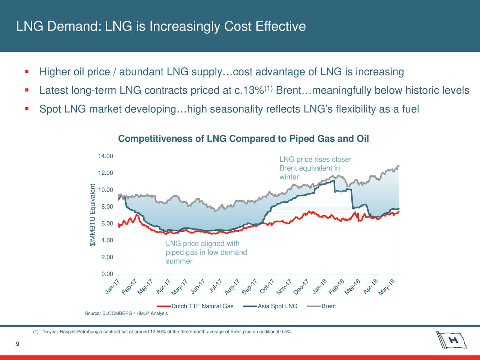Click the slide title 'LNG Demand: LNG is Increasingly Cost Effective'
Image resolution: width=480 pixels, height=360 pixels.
coord(161,27)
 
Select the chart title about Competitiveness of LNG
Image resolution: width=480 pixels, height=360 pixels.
coord(243,139)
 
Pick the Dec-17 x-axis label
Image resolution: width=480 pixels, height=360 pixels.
coord(301,287)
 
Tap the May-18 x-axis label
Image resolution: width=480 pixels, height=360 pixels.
coord(387,287)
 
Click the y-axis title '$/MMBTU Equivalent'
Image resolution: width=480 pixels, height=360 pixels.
coord(93,215)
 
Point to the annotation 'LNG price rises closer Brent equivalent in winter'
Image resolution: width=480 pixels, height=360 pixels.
coord(315,168)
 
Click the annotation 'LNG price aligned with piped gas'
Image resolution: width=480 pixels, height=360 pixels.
coord(206,252)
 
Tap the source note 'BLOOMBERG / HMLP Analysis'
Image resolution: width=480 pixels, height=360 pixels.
coord(126,313)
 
